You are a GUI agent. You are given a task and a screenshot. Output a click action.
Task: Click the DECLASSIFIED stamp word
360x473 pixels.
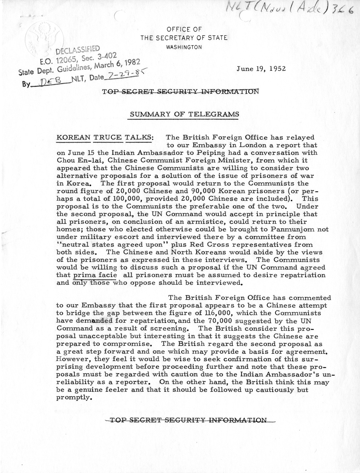pyautogui.click(x=80, y=50)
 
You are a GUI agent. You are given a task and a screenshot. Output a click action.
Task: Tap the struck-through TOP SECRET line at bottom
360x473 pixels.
pyautogui.click(x=188, y=420)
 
